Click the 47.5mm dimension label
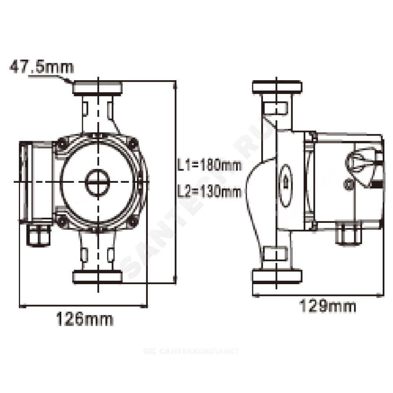[x=42, y=67]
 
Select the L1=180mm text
[x=209, y=165]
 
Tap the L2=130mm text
[x=209, y=191]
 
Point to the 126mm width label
[x=84, y=319]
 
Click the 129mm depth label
[x=328, y=306]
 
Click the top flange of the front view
[x=97, y=88]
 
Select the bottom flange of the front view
[x=97, y=277]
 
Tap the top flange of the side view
[x=277, y=87]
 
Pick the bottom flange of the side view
[x=277, y=276]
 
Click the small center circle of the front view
[x=98, y=182]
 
